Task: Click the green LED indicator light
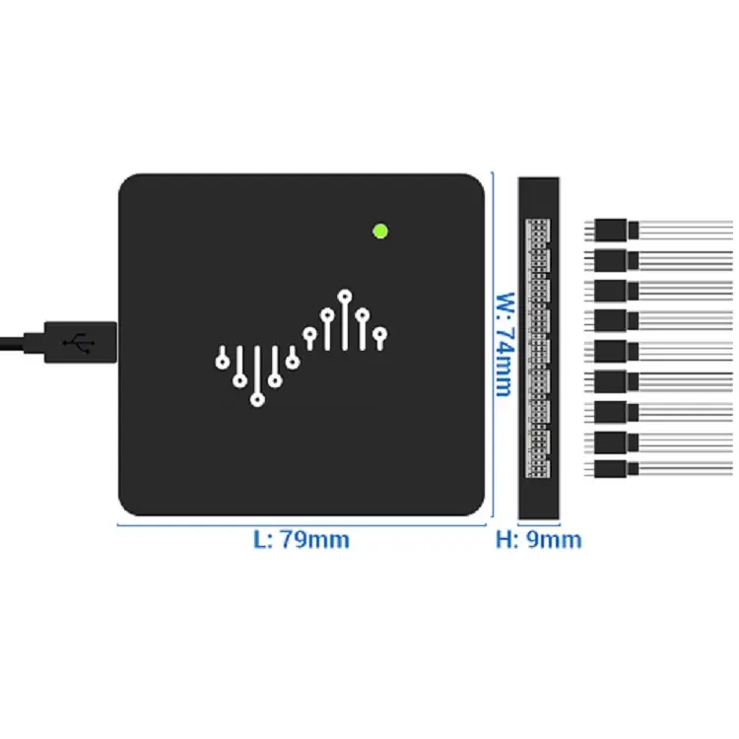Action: click(x=380, y=232)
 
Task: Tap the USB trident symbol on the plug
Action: click(x=79, y=342)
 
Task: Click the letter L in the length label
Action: click(x=260, y=540)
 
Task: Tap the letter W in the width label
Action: click(x=503, y=299)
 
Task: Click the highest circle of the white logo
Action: click(x=345, y=295)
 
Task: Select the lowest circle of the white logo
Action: click(x=257, y=400)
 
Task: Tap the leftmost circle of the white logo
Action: click(x=223, y=361)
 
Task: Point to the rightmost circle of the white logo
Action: click(x=380, y=334)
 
